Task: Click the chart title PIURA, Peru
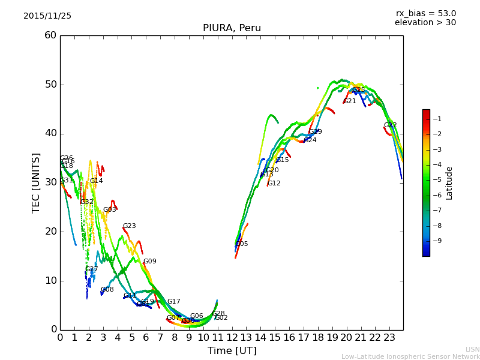click(232, 28)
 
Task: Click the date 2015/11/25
click(47, 16)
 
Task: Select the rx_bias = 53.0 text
click(426, 14)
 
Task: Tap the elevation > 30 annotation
click(425, 23)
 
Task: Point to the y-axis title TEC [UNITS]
click(36, 182)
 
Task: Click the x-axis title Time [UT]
click(232, 351)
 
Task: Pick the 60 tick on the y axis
click(50, 35)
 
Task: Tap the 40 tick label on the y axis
click(50, 133)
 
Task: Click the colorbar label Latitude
click(449, 182)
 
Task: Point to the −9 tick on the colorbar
click(439, 241)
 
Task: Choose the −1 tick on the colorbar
click(439, 119)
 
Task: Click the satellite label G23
click(130, 226)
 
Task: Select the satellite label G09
click(149, 262)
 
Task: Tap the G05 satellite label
click(242, 244)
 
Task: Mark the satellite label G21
click(350, 101)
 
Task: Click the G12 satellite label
click(274, 184)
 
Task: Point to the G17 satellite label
click(173, 302)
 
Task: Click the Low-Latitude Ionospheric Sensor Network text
click(410, 356)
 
